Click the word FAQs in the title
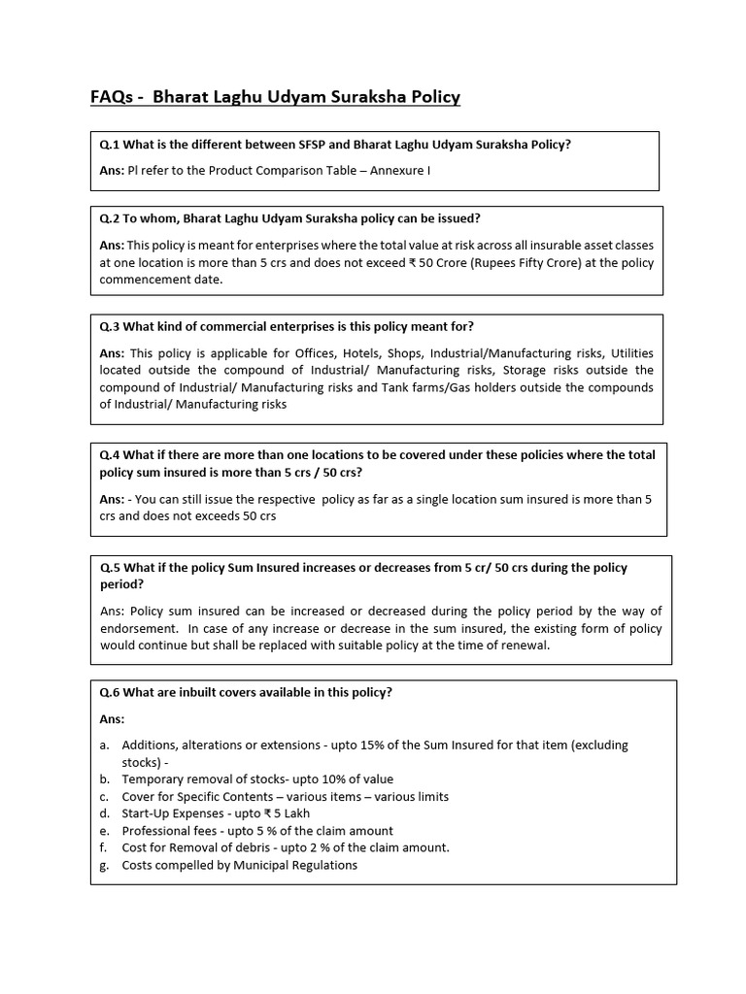pos(110,97)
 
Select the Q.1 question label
pos(110,145)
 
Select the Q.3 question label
pos(110,326)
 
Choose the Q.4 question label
pos(110,454)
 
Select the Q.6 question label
pos(110,692)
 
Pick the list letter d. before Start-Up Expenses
pos(104,813)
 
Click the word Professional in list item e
pos(153,831)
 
